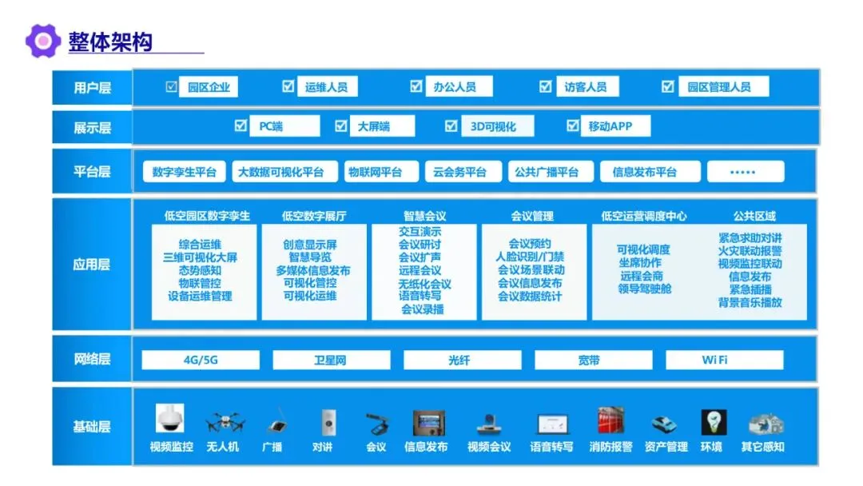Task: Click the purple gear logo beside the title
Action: click(42, 41)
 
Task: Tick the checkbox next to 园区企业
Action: click(171, 86)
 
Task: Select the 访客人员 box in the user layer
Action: click(586, 87)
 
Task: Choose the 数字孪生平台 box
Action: click(185, 172)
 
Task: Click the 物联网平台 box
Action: click(375, 172)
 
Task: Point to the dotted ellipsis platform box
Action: click(744, 172)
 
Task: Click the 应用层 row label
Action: click(92, 264)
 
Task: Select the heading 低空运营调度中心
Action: click(643, 216)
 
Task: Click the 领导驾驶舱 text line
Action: click(644, 289)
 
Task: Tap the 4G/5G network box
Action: click(200, 361)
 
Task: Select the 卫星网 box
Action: click(331, 361)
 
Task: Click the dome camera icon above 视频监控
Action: click(170, 420)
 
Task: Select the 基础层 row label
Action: click(92, 427)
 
